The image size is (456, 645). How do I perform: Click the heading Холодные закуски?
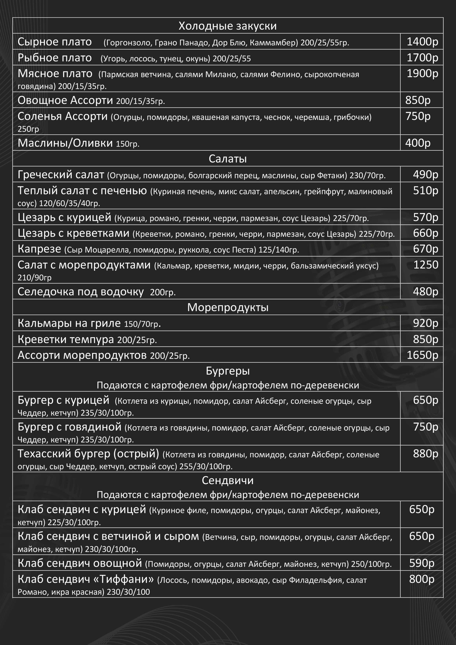pos(228,26)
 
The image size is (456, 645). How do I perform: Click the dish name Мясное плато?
pos(55,74)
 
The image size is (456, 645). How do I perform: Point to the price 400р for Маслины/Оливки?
pos(418,143)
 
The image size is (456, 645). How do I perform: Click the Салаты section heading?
pos(228,159)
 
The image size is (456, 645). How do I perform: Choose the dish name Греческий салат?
pos(61,175)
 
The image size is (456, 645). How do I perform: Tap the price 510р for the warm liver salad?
pos(425,190)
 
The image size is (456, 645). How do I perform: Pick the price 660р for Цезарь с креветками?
pos(425,233)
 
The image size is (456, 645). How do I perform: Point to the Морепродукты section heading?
pos(228,307)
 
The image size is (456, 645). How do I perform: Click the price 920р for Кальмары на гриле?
pos(425,323)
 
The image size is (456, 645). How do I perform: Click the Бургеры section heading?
pos(228,371)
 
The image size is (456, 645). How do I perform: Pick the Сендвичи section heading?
pos(228,480)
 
